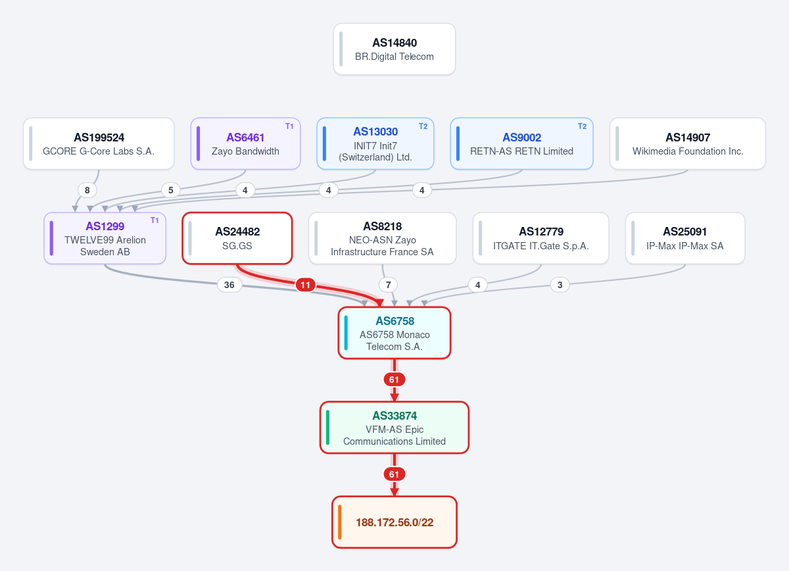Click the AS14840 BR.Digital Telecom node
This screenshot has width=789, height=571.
coord(394,49)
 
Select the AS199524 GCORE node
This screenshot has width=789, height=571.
coord(99,143)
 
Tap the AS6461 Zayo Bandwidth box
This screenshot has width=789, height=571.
coord(245,143)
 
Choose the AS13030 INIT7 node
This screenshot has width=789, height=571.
coord(375,143)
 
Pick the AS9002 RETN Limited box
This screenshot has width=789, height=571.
coord(521,143)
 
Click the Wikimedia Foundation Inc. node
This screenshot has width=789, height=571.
coord(688,143)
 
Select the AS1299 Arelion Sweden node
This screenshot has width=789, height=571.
coord(105,238)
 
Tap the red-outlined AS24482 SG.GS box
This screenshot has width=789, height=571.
coord(237,238)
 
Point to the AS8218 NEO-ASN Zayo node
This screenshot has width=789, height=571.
coord(382,238)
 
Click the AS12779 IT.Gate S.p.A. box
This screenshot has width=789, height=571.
coord(540,238)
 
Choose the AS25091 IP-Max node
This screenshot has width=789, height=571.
coord(685,238)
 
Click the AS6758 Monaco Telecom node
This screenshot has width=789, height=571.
coord(394,333)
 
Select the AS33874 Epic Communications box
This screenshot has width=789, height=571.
coord(394,428)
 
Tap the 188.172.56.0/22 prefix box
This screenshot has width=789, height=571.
coord(394,522)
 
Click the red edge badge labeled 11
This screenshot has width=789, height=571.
coord(305,285)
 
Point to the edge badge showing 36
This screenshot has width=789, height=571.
coord(229,285)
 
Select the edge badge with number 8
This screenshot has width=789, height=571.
coord(87,190)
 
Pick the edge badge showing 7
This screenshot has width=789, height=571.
coord(388,285)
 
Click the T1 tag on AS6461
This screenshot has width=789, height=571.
coord(289,126)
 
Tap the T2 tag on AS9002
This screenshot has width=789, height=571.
coord(583,126)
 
